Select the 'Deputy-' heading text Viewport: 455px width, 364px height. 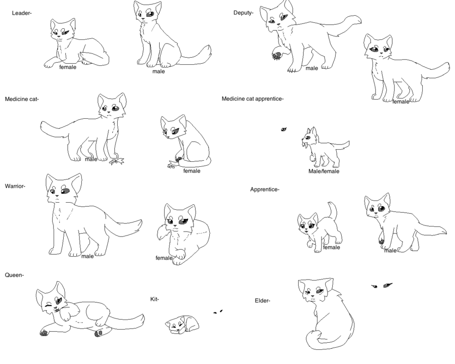click(243, 13)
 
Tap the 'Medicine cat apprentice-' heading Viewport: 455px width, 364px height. click(253, 99)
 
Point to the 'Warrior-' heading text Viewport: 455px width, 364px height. click(15, 186)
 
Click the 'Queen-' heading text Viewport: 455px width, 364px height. click(14, 275)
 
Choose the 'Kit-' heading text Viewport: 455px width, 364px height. click(155, 299)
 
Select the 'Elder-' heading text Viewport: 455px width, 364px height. click(263, 301)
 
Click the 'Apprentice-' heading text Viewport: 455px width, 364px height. click(265, 190)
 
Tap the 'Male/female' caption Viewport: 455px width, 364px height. click(324, 171)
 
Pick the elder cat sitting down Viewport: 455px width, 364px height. click(324, 313)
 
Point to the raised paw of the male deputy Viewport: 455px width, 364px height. click(277, 53)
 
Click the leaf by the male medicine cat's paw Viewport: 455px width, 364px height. click(119, 161)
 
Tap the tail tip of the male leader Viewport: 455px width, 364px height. click(206, 50)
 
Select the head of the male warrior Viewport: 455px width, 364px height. click(63, 190)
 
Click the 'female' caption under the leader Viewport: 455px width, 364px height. click(68, 67)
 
